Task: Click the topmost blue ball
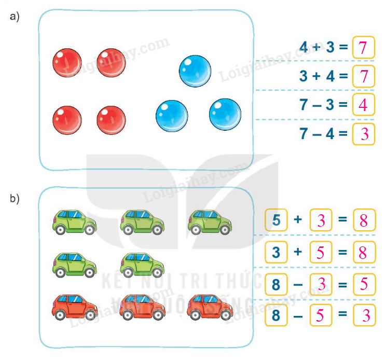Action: (x=195, y=71)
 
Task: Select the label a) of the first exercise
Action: (x=15, y=17)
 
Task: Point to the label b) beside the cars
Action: (x=15, y=198)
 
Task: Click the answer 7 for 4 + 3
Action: (x=363, y=49)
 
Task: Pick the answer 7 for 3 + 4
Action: (x=363, y=77)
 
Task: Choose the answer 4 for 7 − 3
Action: (x=363, y=105)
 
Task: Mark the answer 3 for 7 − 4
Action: (x=363, y=134)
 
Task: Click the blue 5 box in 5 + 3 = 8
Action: (x=276, y=220)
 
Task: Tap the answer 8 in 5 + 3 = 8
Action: (x=363, y=220)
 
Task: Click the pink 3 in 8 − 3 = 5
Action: (x=320, y=284)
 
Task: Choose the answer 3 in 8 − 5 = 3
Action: (x=363, y=315)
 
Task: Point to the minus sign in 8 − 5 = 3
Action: (x=298, y=315)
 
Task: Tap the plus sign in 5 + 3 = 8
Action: (x=298, y=220)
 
